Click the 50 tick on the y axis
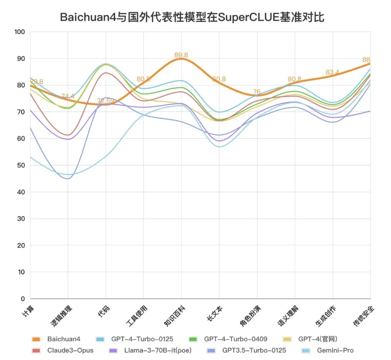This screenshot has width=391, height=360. point(20,166)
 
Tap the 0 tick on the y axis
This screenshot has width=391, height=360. point(22,299)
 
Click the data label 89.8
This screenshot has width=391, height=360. point(181,55)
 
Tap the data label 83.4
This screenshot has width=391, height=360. point(332,72)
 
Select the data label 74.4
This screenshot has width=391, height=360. point(68,97)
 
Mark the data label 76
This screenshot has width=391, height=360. point(257,92)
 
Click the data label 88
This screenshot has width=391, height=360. point(366,60)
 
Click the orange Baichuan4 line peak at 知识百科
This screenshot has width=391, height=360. point(181,59)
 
